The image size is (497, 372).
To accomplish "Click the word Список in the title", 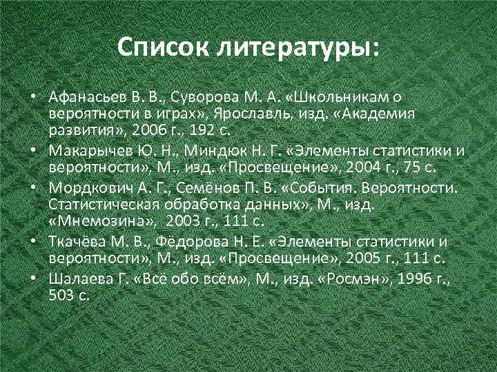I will point(159,48).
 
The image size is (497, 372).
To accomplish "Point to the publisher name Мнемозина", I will point(96,221).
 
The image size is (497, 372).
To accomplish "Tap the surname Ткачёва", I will point(75,242).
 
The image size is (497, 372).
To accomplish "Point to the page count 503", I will point(61,296).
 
